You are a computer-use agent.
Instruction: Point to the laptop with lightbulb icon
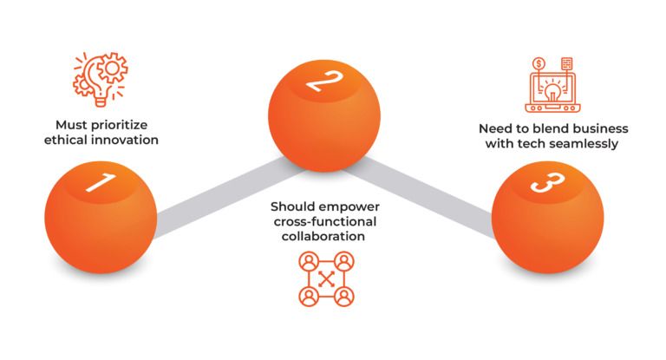552,85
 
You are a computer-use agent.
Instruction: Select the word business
602,128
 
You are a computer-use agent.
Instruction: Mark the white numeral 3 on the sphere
548,182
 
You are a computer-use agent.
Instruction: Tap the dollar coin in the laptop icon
539,63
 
